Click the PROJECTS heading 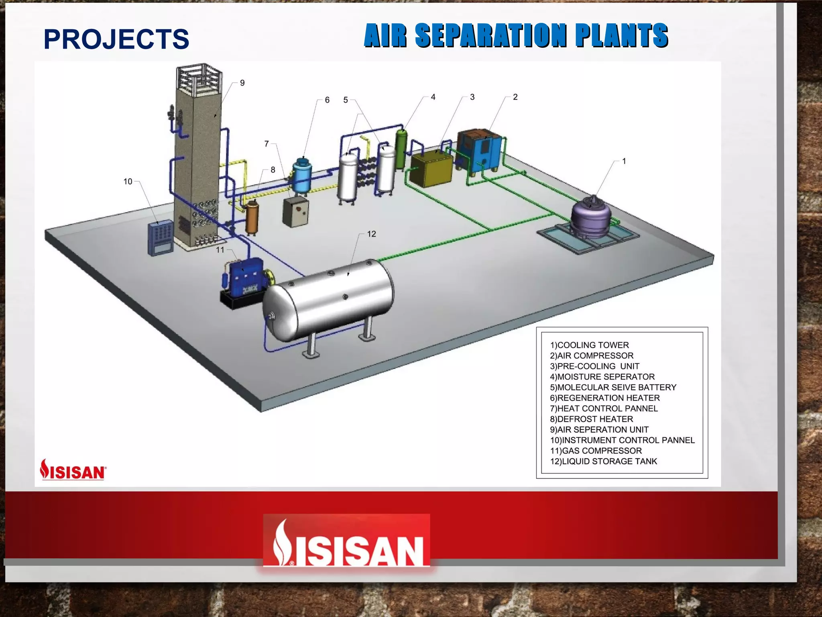click(x=116, y=39)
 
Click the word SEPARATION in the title click(x=490, y=35)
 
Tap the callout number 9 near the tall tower click(x=242, y=83)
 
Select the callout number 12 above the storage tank click(x=371, y=234)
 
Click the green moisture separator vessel click(x=401, y=149)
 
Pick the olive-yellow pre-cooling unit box click(x=431, y=170)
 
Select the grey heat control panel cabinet click(x=295, y=212)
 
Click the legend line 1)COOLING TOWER click(x=589, y=345)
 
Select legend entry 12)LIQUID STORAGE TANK click(x=603, y=461)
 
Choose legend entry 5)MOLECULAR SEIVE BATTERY click(x=613, y=387)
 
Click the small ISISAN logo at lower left click(x=73, y=470)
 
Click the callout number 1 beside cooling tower click(x=624, y=161)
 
